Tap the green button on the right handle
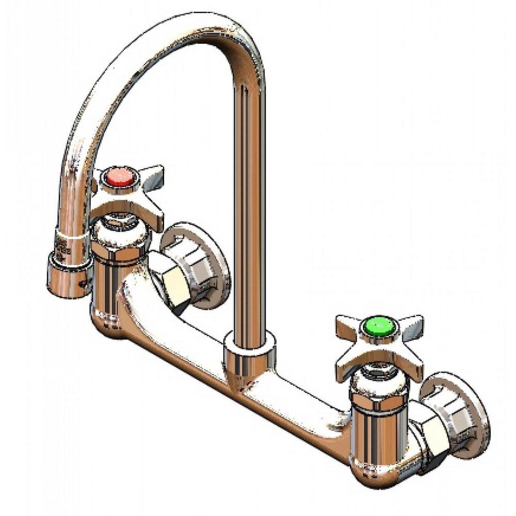376,325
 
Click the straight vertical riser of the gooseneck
248,206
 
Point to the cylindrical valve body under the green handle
374,428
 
